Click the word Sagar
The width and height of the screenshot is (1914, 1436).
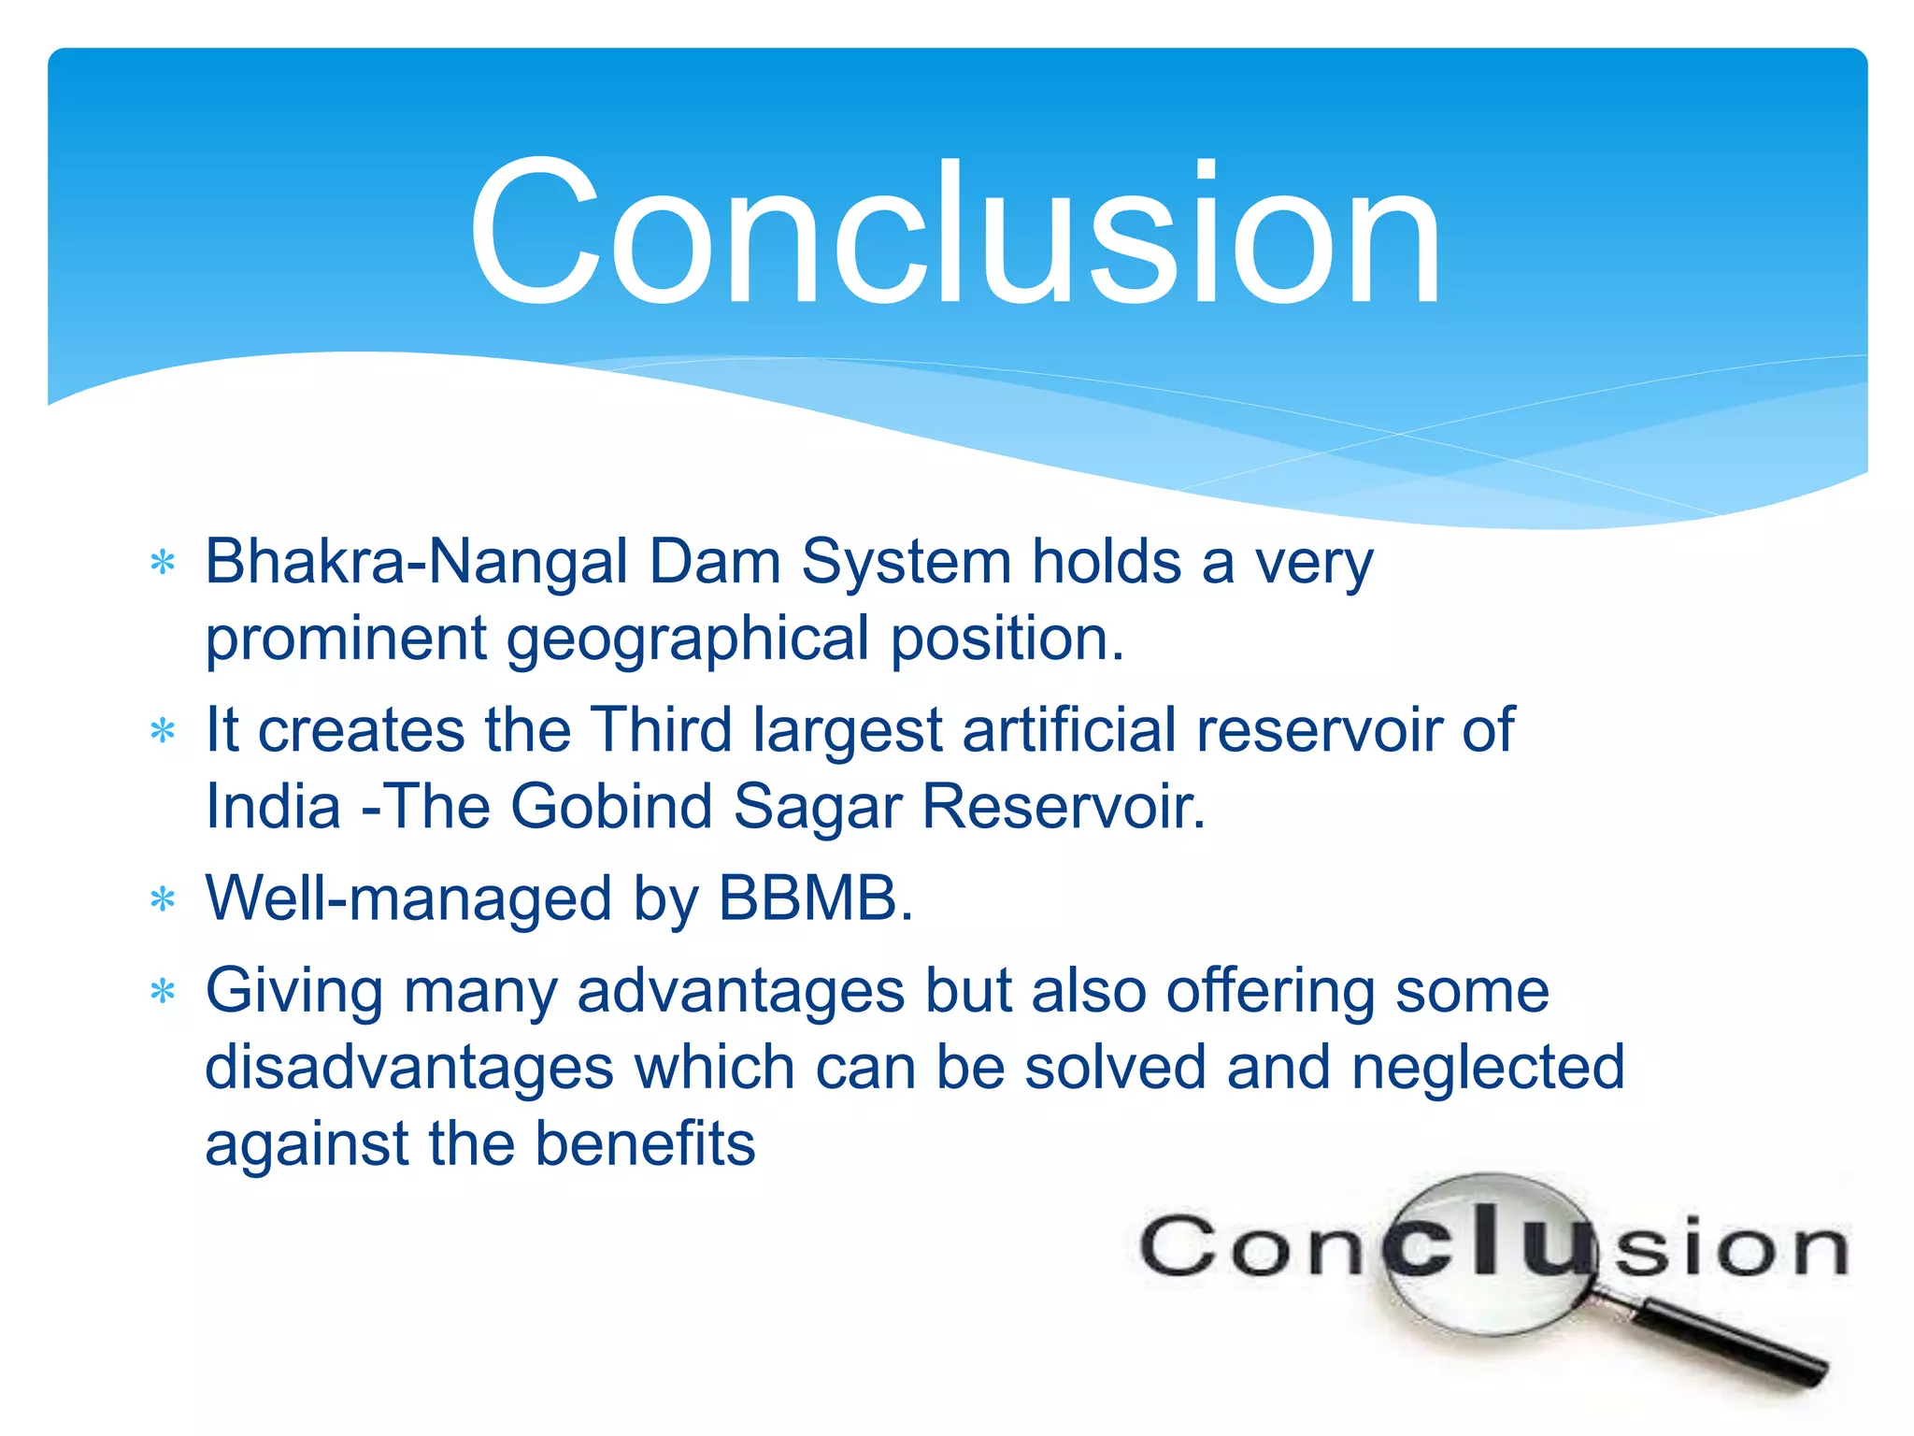click(x=818, y=807)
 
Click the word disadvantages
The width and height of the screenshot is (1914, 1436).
click(x=408, y=1068)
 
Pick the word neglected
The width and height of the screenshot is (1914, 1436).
click(x=1488, y=1068)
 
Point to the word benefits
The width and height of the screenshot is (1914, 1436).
click(x=645, y=1144)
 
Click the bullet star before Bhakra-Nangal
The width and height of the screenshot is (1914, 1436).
click(x=164, y=564)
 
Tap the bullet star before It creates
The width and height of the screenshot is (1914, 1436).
click(x=164, y=731)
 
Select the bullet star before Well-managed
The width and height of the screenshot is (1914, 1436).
click(x=164, y=900)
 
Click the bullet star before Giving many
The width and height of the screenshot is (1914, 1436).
click(x=164, y=991)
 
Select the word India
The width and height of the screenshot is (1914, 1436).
click(x=273, y=807)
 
